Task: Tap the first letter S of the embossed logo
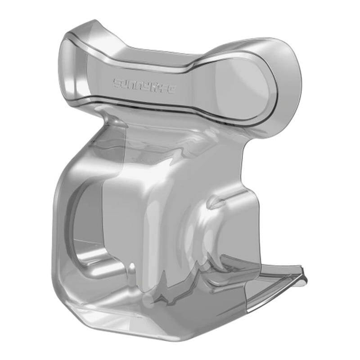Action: (x=117, y=83)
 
